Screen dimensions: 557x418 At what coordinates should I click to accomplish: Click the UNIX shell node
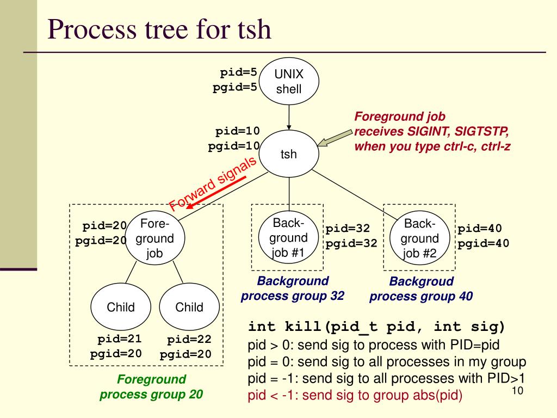(289, 82)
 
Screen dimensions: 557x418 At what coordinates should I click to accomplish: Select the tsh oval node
(289, 153)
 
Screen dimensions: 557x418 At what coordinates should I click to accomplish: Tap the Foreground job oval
(155, 238)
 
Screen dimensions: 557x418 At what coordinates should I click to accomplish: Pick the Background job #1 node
(288, 237)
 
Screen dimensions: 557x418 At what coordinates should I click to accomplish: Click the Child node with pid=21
(121, 307)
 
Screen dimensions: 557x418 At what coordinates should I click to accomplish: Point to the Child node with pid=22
(189, 307)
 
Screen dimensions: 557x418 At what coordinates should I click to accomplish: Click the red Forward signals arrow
(216, 192)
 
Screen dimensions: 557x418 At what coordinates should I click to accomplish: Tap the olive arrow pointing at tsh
(335, 138)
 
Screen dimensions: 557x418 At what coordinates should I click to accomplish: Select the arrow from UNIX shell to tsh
(289, 118)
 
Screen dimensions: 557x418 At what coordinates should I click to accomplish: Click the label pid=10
(237, 131)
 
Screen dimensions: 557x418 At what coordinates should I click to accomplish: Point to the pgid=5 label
(234, 88)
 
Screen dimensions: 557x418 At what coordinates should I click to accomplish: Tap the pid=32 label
(348, 228)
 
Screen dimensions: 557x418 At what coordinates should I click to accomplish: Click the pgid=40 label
(483, 243)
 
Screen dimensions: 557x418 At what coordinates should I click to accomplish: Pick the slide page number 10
(517, 391)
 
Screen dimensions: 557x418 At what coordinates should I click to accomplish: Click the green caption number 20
(196, 394)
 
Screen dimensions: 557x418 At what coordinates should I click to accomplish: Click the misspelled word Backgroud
(422, 281)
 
